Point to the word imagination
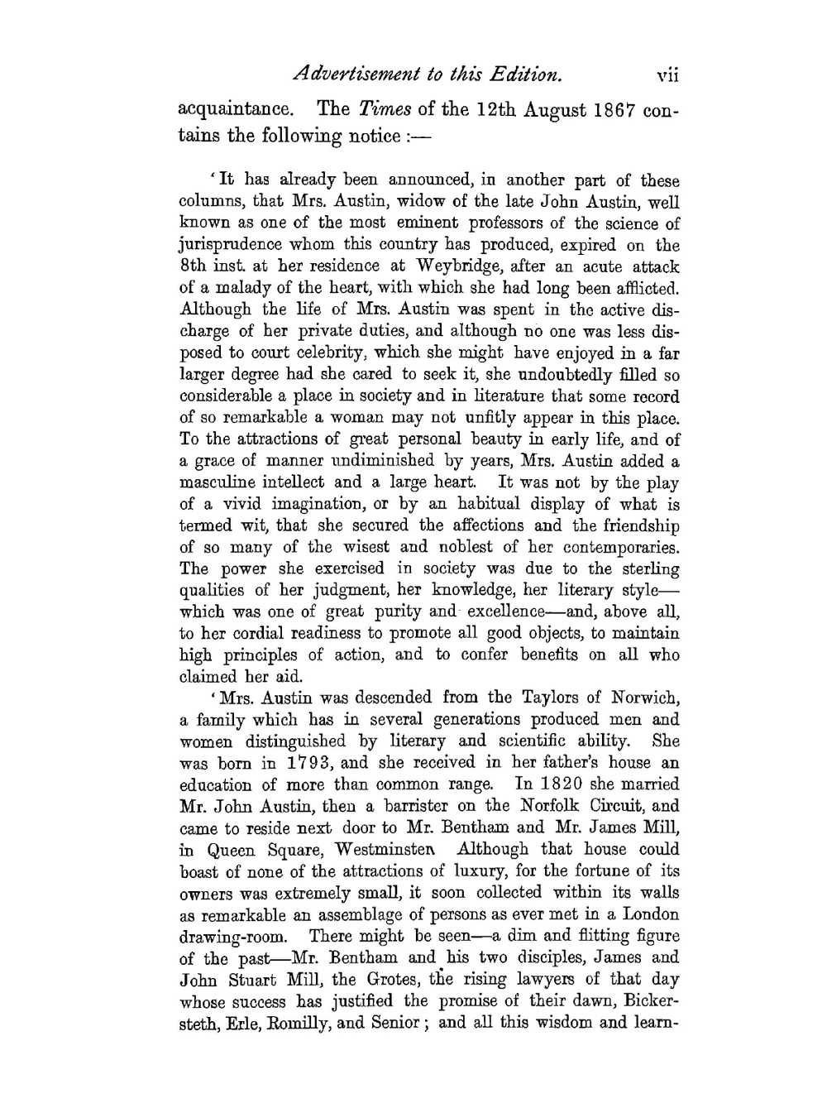304,504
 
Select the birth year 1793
308,763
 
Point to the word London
650,914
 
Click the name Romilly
302,1024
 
